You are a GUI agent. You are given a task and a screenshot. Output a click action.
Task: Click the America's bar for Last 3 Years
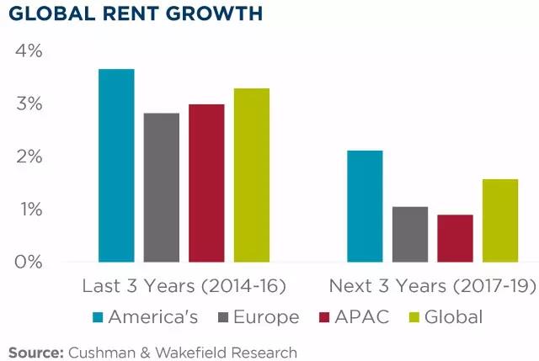[x=116, y=166]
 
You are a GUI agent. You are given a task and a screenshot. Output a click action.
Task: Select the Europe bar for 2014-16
[x=161, y=188]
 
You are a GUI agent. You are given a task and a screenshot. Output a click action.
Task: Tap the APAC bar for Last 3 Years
[x=206, y=183]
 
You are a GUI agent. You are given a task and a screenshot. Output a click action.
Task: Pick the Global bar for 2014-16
[x=251, y=175]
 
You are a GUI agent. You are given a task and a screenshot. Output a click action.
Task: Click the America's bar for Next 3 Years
[x=365, y=206]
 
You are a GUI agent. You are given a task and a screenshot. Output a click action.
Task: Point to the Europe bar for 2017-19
[x=410, y=234]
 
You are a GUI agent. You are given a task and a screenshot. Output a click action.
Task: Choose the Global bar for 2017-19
[x=500, y=220]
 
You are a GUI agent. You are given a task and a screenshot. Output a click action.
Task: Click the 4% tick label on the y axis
[x=29, y=51]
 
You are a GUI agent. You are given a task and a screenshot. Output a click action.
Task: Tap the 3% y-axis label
[x=29, y=104]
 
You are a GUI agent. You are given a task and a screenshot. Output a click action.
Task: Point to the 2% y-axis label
[x=29, y=157]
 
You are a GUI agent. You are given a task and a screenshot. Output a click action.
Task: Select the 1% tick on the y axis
[x=29, y=210]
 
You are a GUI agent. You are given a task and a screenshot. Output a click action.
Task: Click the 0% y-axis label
[x=29, y=262]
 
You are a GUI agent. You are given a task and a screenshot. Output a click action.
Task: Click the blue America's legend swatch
[x=97, y=317]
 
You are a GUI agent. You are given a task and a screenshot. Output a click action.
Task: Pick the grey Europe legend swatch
[x=225, y=317]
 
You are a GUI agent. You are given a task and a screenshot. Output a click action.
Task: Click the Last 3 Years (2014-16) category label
[x=184, y=287]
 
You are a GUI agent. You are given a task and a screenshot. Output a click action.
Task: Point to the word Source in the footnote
[x=38, y=349]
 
